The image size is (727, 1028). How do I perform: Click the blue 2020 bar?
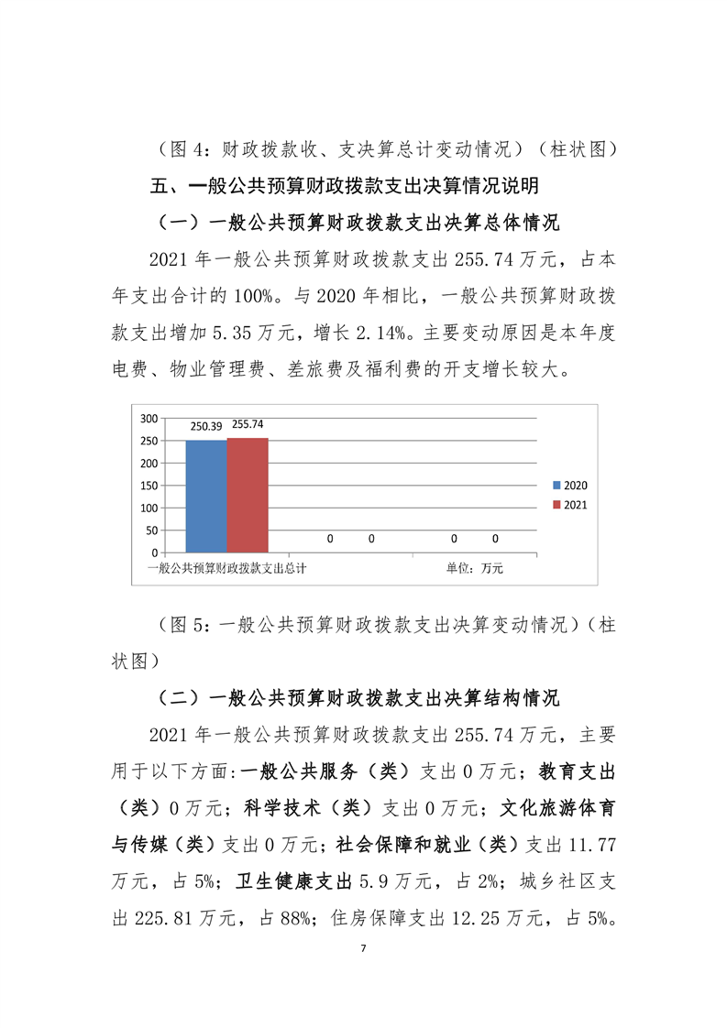[206, 495]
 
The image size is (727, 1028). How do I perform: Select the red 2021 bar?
[248, 495]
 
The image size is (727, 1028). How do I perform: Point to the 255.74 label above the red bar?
[248, 424]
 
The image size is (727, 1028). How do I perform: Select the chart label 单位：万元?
[475, 568]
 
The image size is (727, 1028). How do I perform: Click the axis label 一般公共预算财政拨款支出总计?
[226, 568]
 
